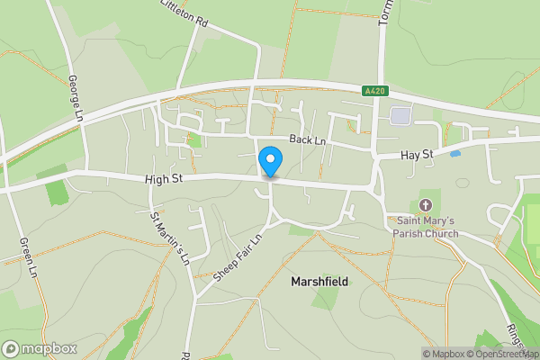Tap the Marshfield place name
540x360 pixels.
coord(319,282)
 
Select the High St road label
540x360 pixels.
coord(164,180)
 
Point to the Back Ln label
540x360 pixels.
coord(307,140)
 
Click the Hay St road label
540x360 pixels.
coord(417,156)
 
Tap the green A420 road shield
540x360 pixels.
coord(374,91)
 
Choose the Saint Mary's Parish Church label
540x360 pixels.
coord(423,227)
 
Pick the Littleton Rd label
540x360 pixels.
coord(184,13)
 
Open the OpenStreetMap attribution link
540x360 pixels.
coord(499,354)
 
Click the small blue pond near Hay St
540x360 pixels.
coord(455,154)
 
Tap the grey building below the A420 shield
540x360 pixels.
coord(400,115)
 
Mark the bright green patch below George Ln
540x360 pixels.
coord(57,191)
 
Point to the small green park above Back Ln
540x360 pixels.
coord(194,139)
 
